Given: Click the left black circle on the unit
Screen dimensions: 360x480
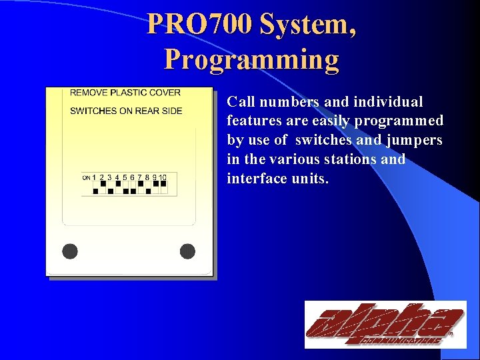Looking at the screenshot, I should [70, 251].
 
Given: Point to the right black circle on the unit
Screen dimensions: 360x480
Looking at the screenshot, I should [187, 251].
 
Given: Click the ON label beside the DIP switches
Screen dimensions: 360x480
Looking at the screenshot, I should [86, 178].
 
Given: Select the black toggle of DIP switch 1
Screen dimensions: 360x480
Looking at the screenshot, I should [95, 191].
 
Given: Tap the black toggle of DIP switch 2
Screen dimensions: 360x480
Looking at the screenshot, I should [103, 183].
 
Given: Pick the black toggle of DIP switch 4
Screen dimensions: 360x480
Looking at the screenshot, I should [117, 183].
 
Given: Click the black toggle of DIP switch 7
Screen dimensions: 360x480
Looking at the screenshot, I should [140, 183].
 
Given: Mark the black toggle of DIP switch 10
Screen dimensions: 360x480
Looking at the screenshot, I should [163, 183].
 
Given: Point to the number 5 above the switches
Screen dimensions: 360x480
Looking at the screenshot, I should [125, 177].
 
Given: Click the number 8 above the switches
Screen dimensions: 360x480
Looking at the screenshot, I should [147, 177].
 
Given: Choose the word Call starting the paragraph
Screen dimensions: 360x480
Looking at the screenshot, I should [240, 102].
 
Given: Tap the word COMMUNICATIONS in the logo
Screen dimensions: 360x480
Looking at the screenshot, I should [402, 341].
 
